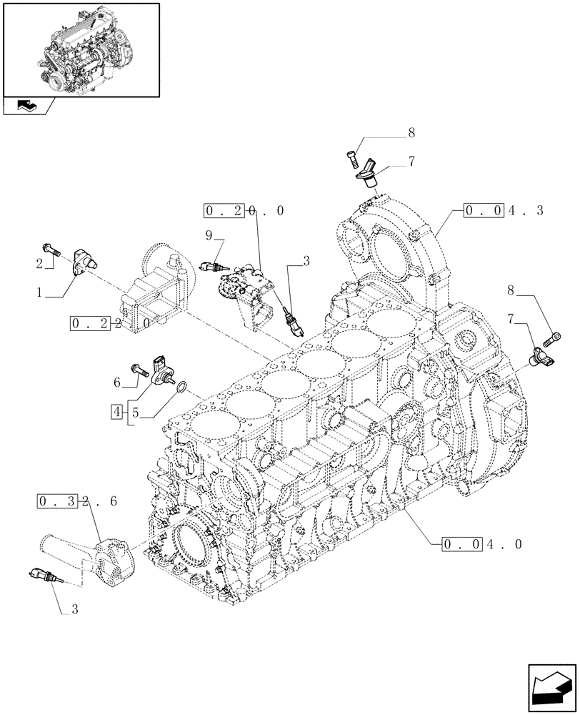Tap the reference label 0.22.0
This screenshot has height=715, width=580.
click(110, 323)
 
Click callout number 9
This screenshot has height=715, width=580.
click(208, 235)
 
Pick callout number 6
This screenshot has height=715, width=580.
click(116, 383)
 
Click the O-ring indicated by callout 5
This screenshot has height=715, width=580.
click(182, 388)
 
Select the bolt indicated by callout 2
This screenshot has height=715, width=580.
click(51, 248)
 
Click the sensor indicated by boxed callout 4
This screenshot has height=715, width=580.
click(163, 369)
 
